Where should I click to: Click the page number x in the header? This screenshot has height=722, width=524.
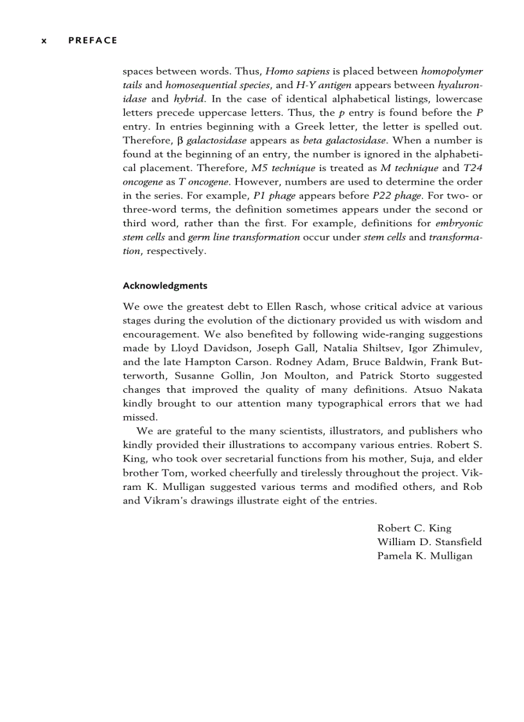[44, 41]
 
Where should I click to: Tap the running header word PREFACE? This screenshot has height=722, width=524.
[92, 41]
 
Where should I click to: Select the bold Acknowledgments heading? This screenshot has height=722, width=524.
[164, 285]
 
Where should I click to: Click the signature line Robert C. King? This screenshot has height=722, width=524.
[414, 528]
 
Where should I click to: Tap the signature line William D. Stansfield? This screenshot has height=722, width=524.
[429, 542]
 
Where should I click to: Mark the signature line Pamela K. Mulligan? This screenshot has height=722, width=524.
[424, 556]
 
